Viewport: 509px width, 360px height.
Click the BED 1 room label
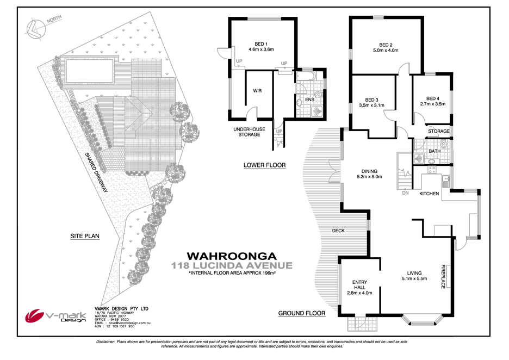coord(261,44)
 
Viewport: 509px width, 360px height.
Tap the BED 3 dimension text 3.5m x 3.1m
coord(372,105)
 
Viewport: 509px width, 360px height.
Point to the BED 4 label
coord(432,98)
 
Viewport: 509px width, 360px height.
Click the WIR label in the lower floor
coord(257,91)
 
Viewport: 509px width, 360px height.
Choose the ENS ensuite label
coord(309,100)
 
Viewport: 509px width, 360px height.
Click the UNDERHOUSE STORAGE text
coord(249,132)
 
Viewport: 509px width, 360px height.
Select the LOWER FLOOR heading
coord(264,165)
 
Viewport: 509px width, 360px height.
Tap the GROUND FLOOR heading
coord(301,313)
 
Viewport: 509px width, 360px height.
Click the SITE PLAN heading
coord(84,236)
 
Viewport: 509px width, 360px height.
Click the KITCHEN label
coord(429,193)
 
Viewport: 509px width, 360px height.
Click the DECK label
coord(338,231)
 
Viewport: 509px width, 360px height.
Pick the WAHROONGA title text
coord(232,256)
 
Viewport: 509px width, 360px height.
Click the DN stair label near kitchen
coord(405,192)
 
